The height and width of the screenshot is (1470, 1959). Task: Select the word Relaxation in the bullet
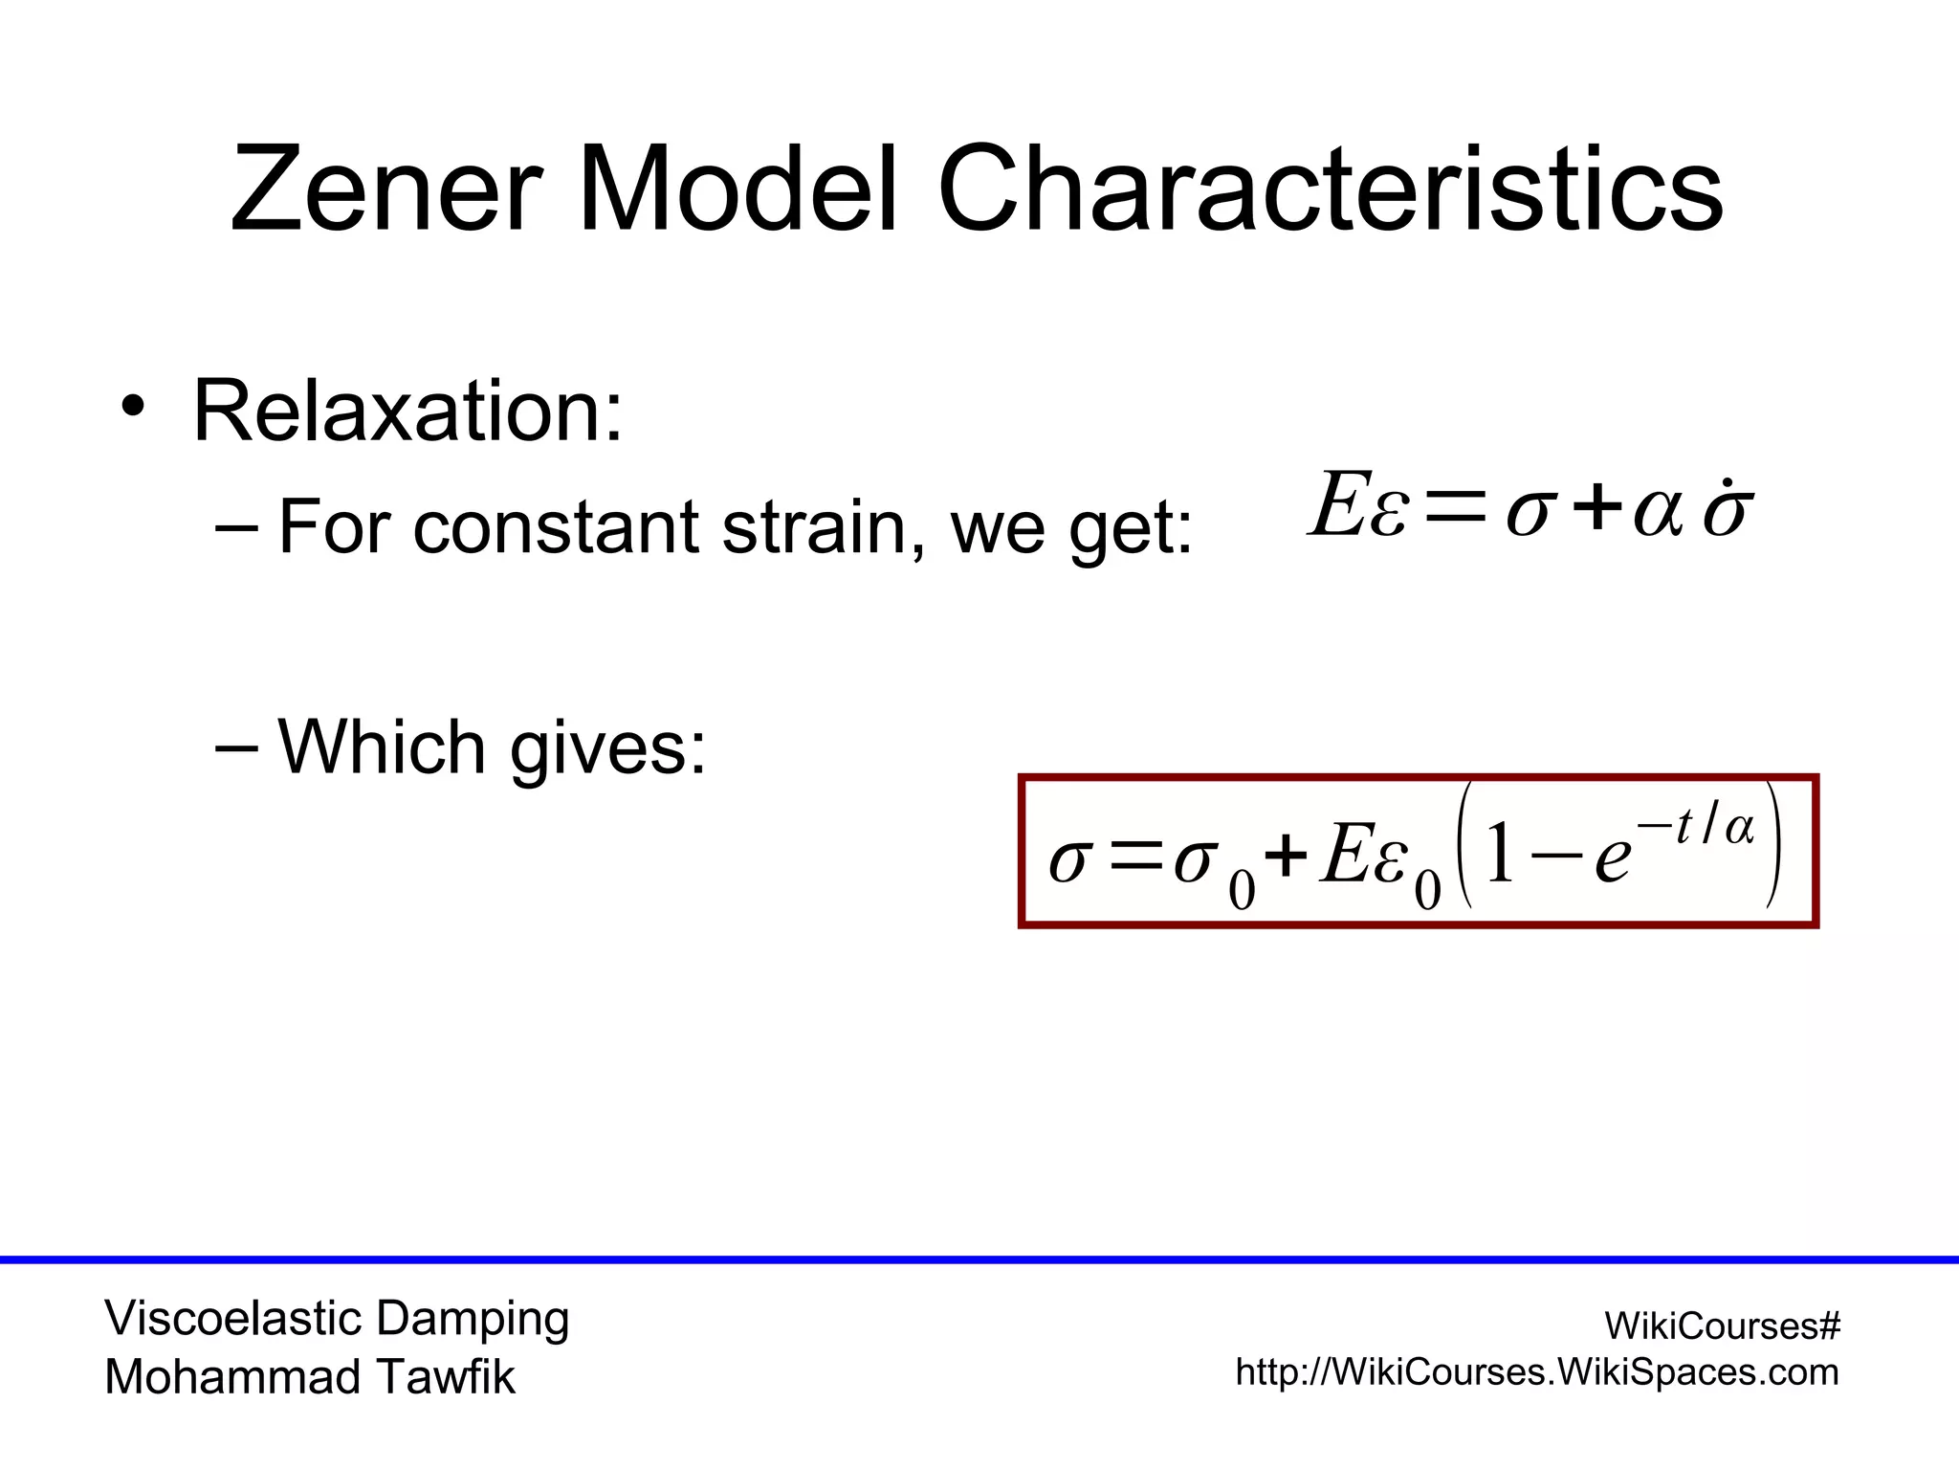pos(407,412)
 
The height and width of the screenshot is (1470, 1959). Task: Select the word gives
pos(607,748)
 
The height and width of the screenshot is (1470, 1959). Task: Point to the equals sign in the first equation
pos(1455,506)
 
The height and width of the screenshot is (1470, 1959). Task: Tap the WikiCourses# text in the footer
pos(1722,1325)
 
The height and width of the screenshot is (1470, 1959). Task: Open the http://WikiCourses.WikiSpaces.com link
pos(1537,1372)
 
